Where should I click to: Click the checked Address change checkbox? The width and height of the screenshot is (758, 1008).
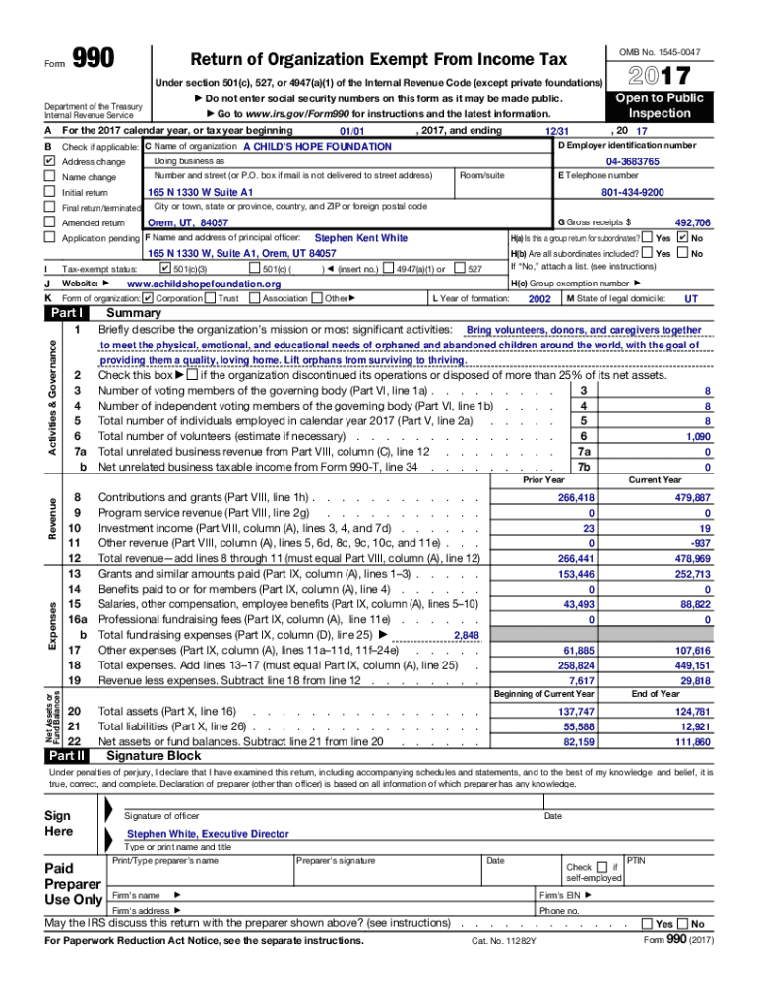(x=49, y=161)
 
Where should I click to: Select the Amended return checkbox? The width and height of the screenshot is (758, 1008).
(x=49, y=223)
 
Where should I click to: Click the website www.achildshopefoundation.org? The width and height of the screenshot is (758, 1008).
(x=204, y=283)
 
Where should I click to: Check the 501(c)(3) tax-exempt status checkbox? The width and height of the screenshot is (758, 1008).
(x=163, y=268)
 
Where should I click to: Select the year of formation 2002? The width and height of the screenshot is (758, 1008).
(x=539, y=298)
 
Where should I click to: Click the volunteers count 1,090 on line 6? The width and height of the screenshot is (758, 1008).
(x=698, y=436)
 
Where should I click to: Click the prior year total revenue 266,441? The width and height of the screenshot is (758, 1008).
(x=576, y=558)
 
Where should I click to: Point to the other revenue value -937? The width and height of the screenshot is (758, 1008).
(x=700, y=543)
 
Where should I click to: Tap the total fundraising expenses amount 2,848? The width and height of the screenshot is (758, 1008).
(x=466, y=636)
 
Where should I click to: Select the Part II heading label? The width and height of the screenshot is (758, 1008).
(x=66, y=756)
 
